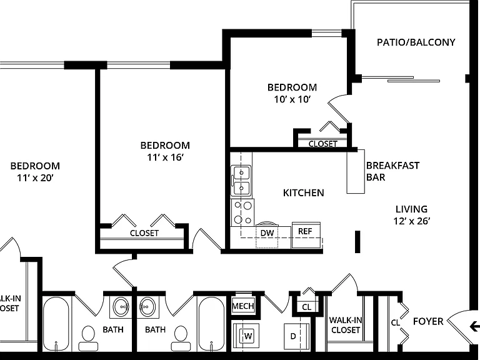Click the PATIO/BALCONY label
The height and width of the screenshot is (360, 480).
pos(416,42)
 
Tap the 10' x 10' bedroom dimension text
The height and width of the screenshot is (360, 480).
pos(292,99)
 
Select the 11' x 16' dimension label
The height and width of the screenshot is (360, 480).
pos(165,157)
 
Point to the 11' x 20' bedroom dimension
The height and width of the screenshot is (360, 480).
pos(35,178)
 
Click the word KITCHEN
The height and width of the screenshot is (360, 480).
pos(303,193)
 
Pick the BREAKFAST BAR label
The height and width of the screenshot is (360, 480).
pos(392,171)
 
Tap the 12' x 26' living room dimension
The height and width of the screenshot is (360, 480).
pos(412,221)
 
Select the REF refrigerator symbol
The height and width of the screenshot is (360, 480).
pos(306,235)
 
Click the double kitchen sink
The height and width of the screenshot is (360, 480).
pos(241,181)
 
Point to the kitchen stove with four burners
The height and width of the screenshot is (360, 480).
pos(242,212)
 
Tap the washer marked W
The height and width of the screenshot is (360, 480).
pos(246,336)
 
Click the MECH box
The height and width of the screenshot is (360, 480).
pos(243,306)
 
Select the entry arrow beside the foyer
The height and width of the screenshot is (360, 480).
pos(474,326)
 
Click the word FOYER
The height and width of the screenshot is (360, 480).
pos(428,321)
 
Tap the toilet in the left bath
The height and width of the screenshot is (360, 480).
pos(88,338)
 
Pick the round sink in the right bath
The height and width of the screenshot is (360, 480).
pos(148,307)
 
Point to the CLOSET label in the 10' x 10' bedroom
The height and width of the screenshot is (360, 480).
pos(323,144)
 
